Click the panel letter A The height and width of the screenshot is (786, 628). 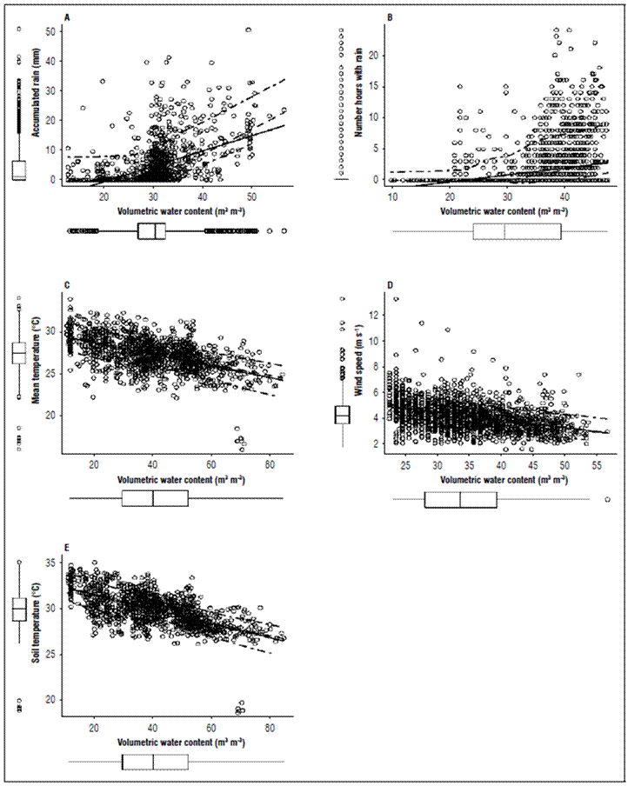click(67, 17)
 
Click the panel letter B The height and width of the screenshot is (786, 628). click(389, 17)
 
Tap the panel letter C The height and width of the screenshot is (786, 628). click(67, 284)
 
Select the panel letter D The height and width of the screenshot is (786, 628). click(389, 284)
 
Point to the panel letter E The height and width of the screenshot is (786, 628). click(67, 547)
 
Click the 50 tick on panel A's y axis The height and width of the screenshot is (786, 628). click(50, 30)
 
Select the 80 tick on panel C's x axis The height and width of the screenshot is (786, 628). click(270, 462)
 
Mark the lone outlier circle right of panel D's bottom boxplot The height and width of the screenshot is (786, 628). click(606, 500)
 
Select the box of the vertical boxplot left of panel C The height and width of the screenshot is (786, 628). click(18, 352)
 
